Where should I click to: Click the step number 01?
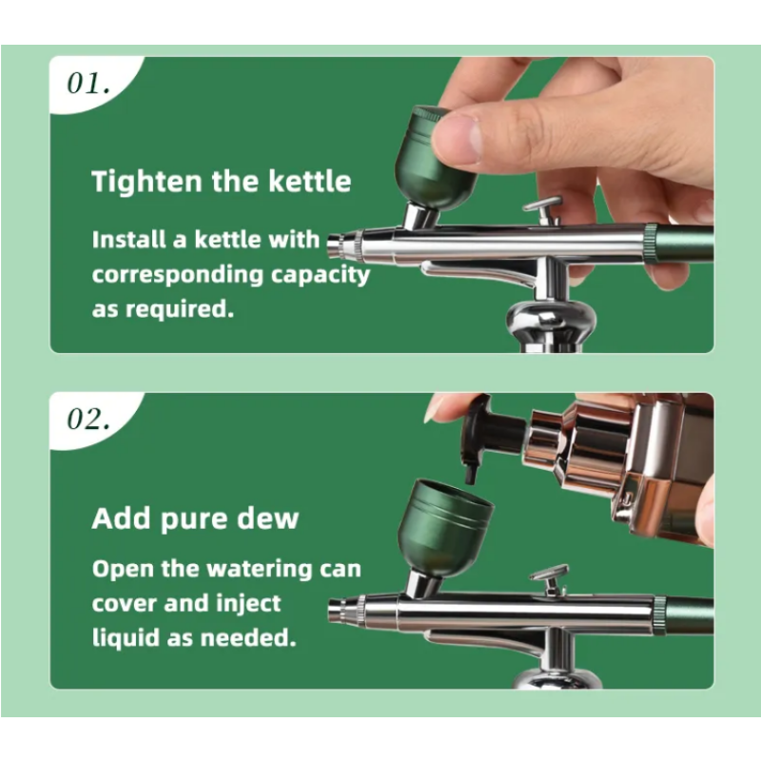tap(88, 84)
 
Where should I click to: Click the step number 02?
tap(88, 419)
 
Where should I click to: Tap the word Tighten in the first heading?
tap(146, 182)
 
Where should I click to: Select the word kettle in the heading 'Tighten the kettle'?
tap(310, 181)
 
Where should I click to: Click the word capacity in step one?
tap(321, 275)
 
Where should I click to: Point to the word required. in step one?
tap(180, 309)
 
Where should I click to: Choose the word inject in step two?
tap(248, 604)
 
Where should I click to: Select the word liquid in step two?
tap(126, 637)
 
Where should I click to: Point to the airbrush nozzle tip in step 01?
tap(334, 245)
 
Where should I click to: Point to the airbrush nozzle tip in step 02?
tap(336, 611)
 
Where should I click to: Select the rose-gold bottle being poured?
tap(616, 466)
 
